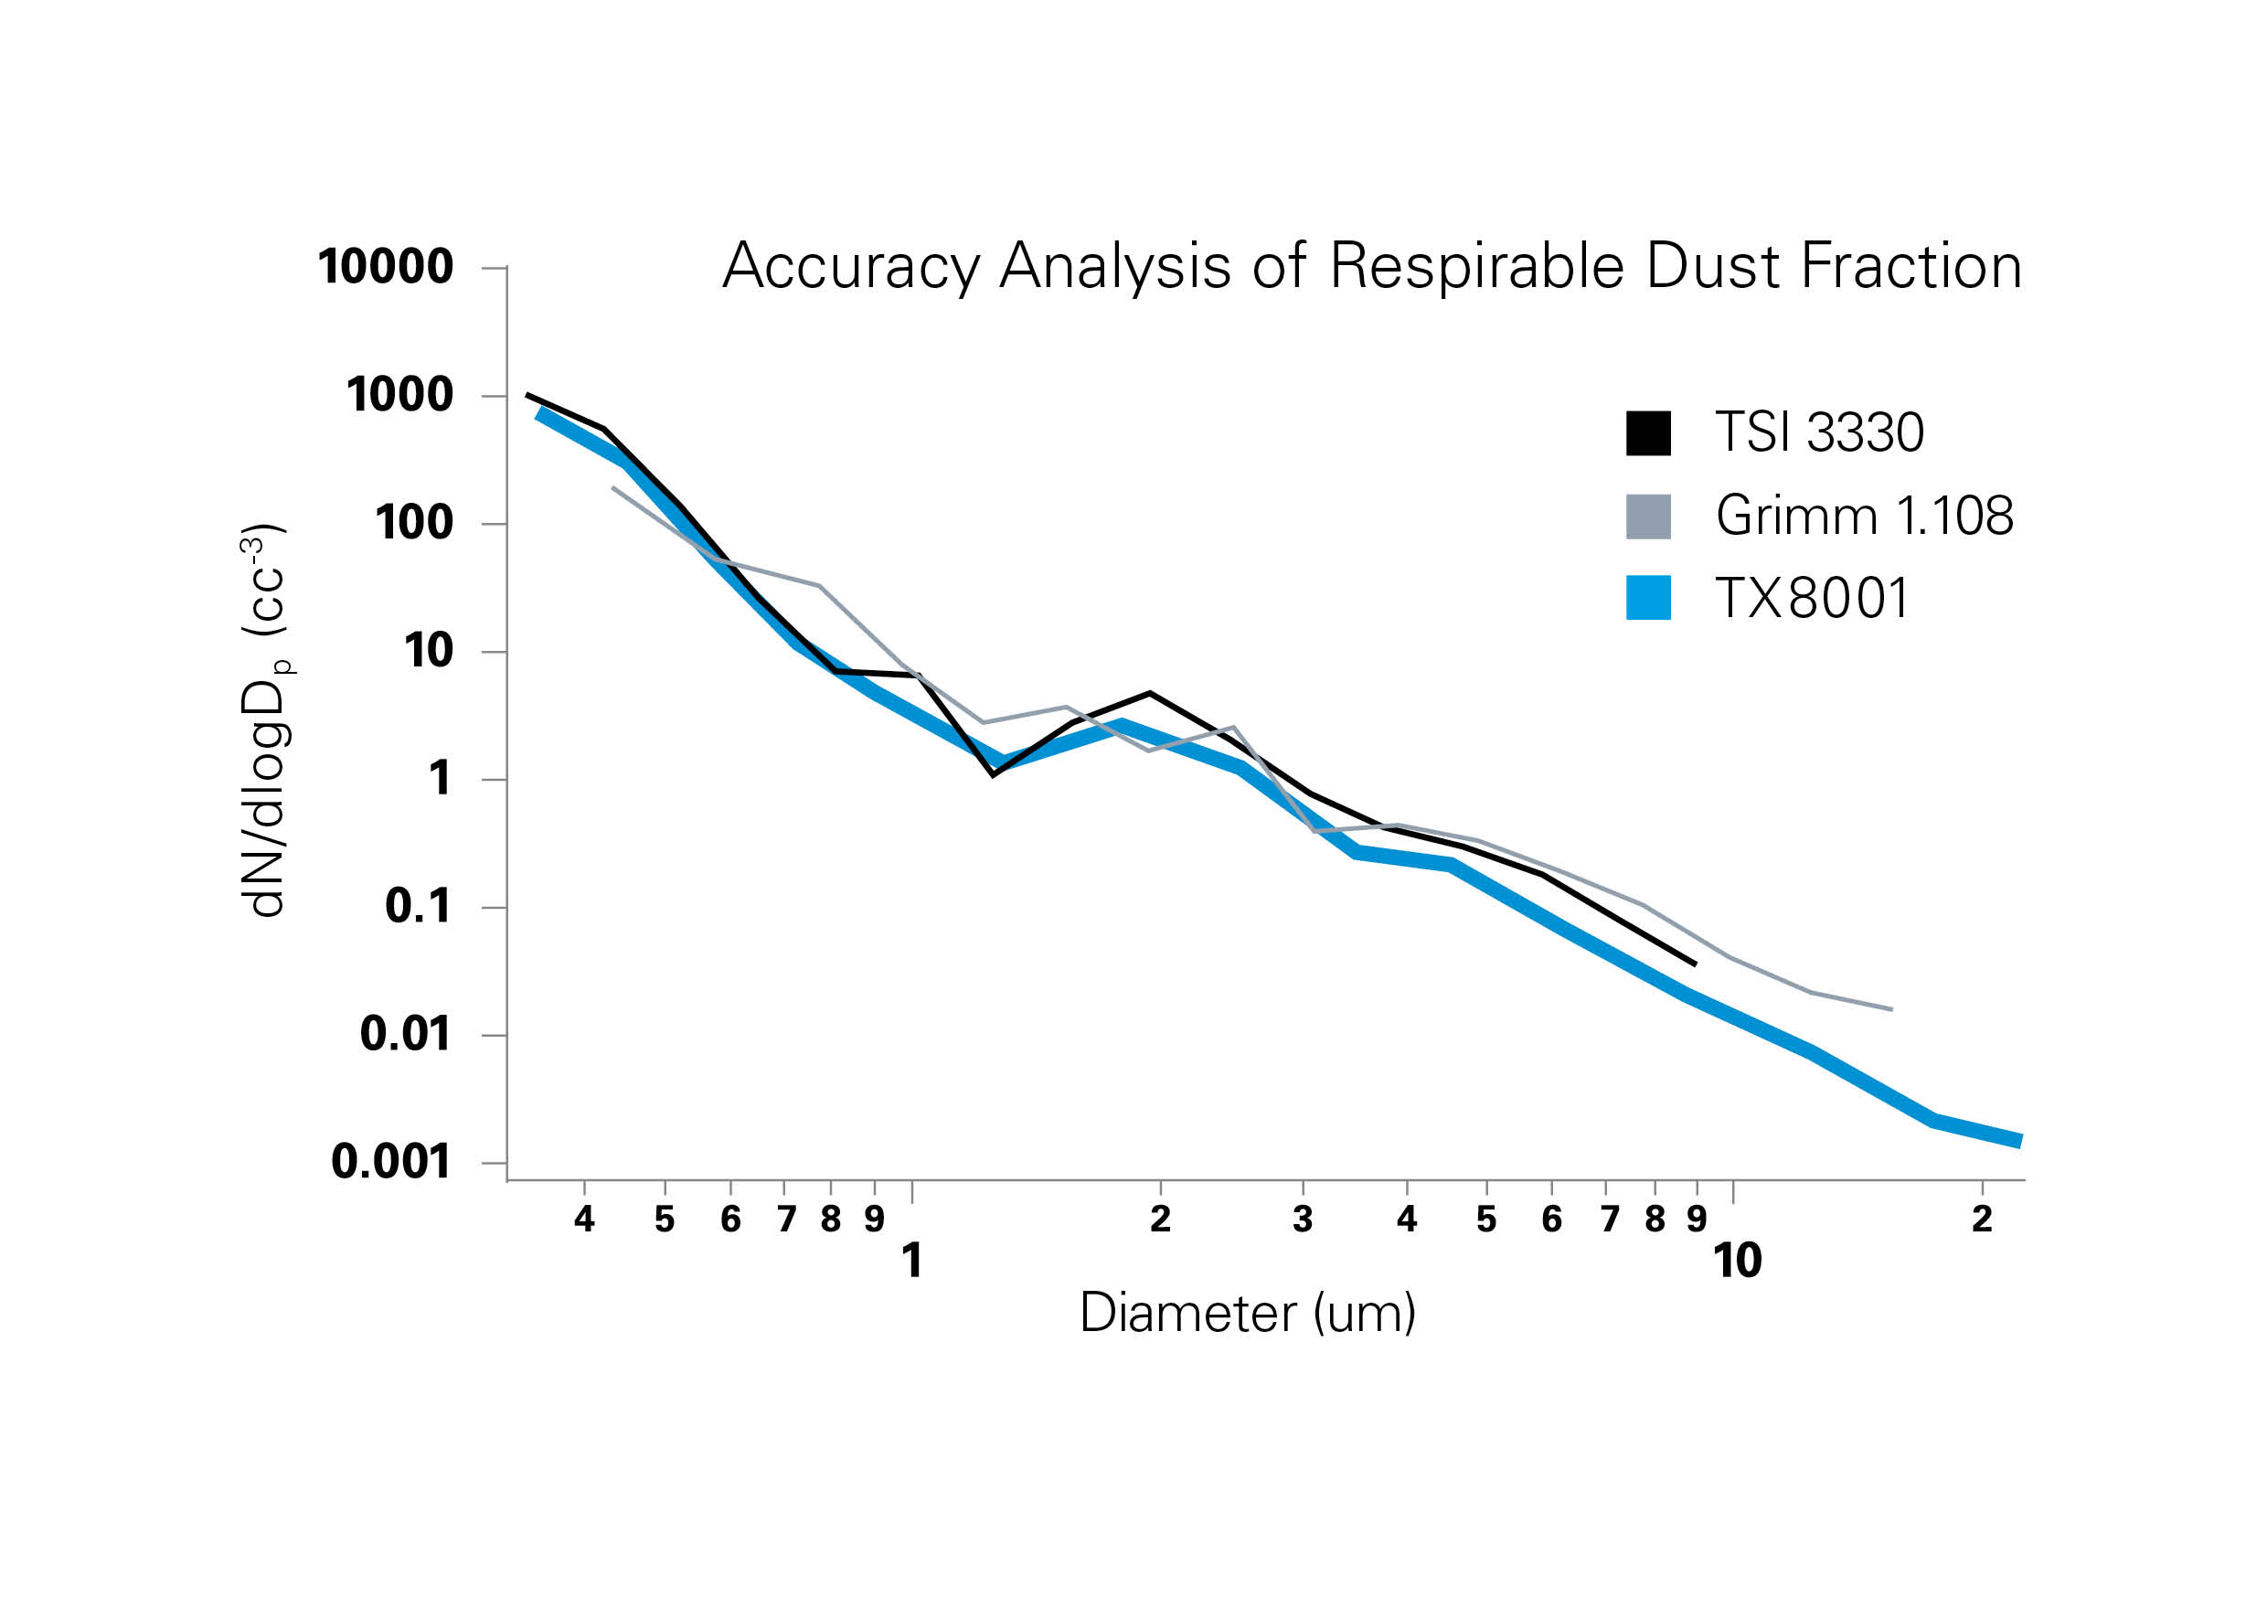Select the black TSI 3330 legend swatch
(x=1649, y=433)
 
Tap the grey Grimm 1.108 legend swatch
(x=1649, y=517)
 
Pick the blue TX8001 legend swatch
(x=1649, y=598)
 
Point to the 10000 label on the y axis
(x=386, y=267)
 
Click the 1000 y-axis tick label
(x=399, y=395)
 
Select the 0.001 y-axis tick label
(x=391, y=1161)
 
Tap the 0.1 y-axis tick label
(x=418, y=907)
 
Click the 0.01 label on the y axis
(x=405, y=1034)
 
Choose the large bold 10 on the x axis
(x=1737, y=1262)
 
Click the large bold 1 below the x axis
(x=912, y=1262)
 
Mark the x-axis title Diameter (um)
(x=1248, y=1314)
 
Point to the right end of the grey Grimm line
(x=1890, y=1009)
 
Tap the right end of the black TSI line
(x=1696, y=964)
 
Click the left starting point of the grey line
(x=613, y=488)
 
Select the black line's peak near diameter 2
(x=1149, y=693)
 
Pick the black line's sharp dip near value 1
(x=993, y=774)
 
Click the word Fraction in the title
(x=1911, y=268)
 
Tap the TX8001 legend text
(x=1812, y=599)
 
